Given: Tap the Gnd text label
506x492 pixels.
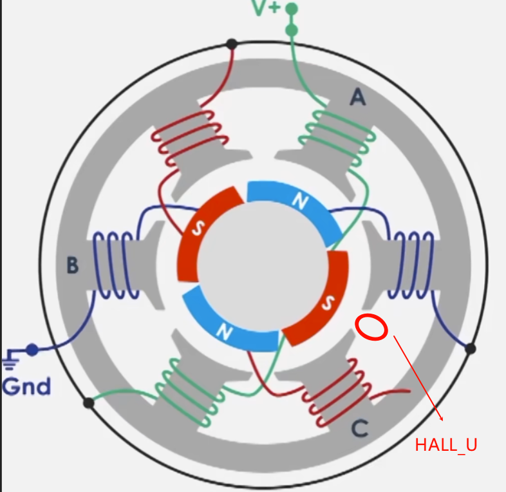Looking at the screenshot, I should (26, 386).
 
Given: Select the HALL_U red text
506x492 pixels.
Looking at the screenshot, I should (446, 445).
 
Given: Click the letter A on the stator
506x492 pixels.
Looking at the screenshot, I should (357, 97).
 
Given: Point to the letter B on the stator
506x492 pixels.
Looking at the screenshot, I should (73, 265).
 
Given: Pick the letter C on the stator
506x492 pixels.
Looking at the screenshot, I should (361, 428).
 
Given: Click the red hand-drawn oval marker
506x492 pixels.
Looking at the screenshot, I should (371, 327).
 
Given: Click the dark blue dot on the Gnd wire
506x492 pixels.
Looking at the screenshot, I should (31, 350).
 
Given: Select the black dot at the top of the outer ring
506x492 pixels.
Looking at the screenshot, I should (232, 44).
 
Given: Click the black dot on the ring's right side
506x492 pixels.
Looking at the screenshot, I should (471, 348).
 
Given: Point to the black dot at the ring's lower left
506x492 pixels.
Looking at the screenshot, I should (89, 403).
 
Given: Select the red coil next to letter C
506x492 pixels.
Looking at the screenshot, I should (335, 393).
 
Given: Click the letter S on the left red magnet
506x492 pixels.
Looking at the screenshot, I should (192, 229).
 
